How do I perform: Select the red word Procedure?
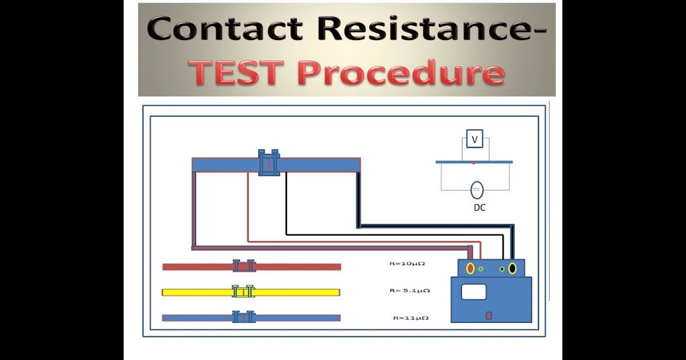(x=403, y=74)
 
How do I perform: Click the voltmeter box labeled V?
(x=474, y=139)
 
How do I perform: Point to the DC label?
(x=479, y=208)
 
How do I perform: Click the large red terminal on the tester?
(x=470, y=268)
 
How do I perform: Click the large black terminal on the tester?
(x=513, y=268)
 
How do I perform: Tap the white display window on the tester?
(x=473, y=292)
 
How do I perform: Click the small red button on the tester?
(x=489, y=315)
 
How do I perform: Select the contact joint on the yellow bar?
(x=244, y=292)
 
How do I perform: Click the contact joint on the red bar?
(x=244, y=266)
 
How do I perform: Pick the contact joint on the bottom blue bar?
(x=244, y=317)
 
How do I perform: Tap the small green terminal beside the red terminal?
(x=481, y=269)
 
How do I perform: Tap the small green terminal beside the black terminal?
(x=502, y=269)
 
